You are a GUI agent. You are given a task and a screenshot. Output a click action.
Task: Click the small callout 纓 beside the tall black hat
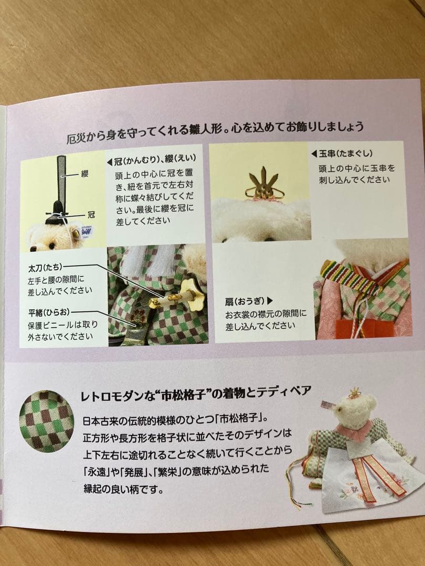point(84,173)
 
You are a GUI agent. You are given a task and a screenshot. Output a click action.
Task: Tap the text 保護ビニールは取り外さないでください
point(63,330)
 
